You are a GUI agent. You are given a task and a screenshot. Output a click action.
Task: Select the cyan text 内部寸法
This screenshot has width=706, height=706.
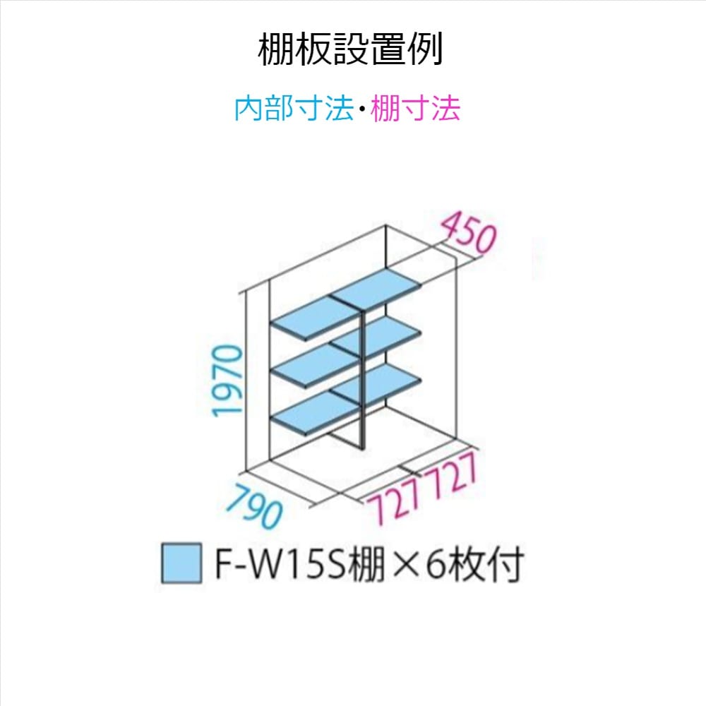(x=293, y=109)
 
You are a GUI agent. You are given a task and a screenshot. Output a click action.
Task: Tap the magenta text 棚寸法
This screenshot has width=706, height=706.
(x=416, y=109)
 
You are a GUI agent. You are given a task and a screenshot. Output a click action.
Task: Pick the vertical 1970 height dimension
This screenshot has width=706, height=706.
(x=229, y=381)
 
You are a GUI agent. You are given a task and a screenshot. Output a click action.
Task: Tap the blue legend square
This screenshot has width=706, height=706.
(x=181, y=563)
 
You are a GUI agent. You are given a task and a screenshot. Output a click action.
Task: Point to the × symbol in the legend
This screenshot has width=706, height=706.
(x=405, y=565)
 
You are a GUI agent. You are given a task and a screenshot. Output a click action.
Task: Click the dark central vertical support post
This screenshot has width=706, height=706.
(x=362, y=381)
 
